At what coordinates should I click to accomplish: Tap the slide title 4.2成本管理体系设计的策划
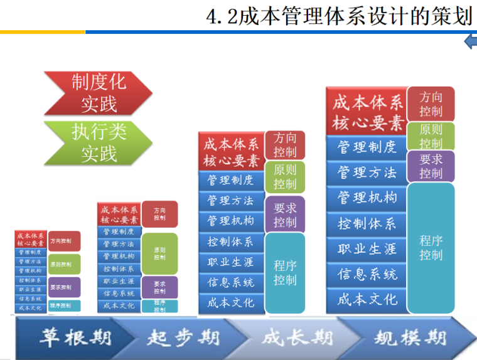(339, 16)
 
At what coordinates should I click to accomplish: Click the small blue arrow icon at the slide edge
(470, 42)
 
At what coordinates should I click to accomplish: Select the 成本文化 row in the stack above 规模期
(367, 299)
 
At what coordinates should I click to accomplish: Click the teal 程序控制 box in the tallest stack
(431, 247)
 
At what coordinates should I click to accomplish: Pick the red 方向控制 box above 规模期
(431, 104)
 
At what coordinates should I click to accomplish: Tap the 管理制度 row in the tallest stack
(367, 147)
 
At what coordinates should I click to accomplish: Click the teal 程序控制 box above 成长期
(285, 272)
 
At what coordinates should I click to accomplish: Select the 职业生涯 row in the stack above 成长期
(230, 262)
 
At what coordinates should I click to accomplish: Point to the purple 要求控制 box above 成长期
(285, 214)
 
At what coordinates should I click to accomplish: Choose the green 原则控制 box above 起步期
(159, 253)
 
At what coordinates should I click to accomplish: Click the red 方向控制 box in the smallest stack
(64, 241)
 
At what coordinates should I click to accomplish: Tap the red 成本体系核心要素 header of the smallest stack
(30, 239)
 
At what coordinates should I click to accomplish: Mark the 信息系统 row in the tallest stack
(367, 274)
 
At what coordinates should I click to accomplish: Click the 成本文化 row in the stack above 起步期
(119, 306)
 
